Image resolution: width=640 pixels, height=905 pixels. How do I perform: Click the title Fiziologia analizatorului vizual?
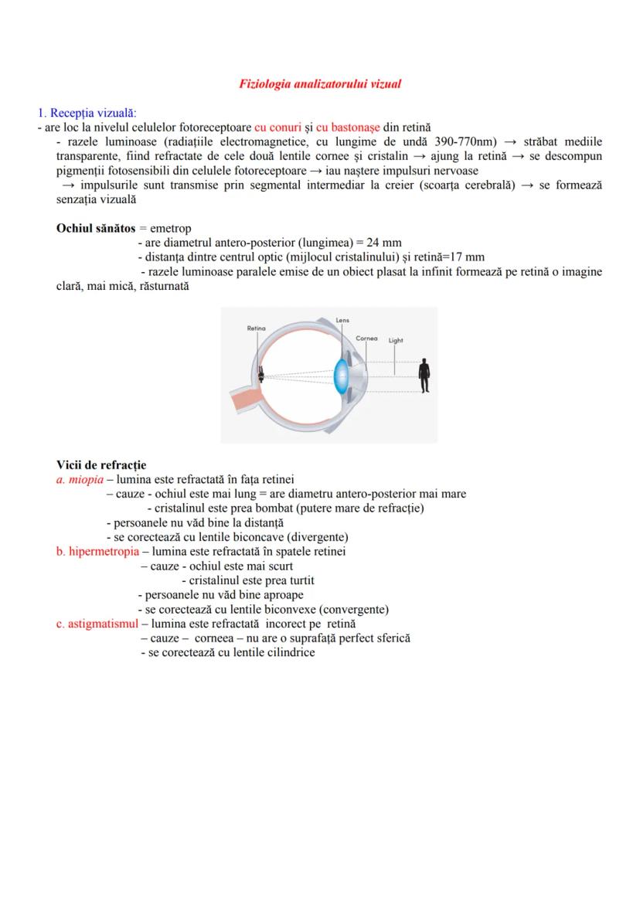tap(320, 83)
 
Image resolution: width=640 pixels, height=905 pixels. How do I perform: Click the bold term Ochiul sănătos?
tap(96, 229)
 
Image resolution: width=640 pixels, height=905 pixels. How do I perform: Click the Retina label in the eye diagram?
tap(257, 328)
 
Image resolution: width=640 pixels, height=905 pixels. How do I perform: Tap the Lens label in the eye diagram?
tap(343, 319)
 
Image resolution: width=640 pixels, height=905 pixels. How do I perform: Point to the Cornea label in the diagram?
tap(366, 339)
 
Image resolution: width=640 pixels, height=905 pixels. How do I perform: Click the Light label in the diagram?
tap(396, 340)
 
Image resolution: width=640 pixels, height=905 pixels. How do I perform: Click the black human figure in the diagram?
tap(424, 376)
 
